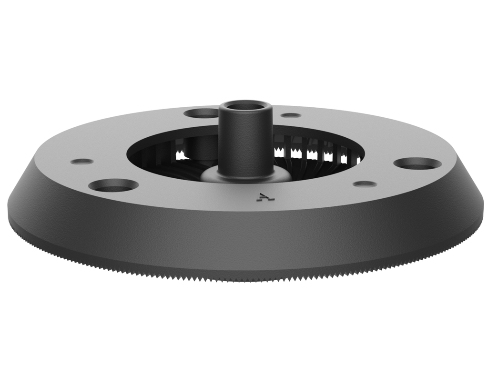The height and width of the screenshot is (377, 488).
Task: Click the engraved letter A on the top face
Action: pyautogui.click(x=262, y=196)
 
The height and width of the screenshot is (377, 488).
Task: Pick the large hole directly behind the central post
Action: pyautogui.click(x=201, y=113)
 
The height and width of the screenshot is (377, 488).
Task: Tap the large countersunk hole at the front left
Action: pyautogui.click(x=113, y=185)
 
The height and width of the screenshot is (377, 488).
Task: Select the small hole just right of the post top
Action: pyautogui.click(x=291, y=115)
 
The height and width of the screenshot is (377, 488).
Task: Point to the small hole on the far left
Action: pyautogui.click(x=82, y=161)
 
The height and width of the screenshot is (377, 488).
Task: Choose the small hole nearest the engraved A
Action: pyautogui.click(x=365, y=183)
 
